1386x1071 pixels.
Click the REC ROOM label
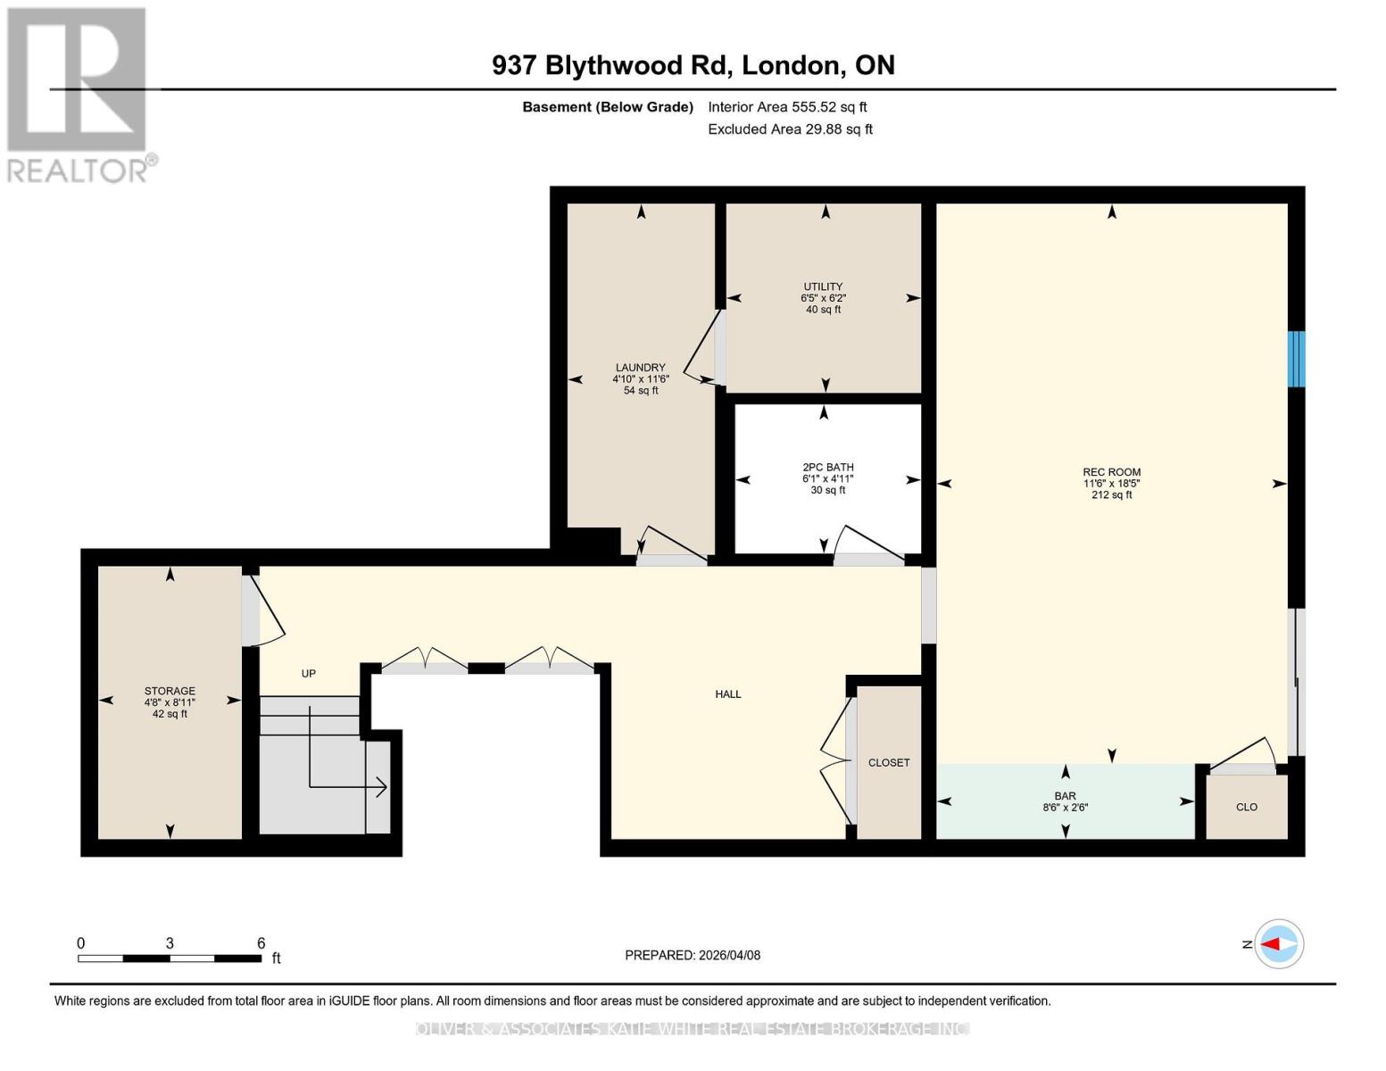pyautogui.click(x=1111, y=472)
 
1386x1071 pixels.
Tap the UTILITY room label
pyautogui.click(x=823, y=286)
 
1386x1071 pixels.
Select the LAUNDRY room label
pyautogui.click(x=640, y=367)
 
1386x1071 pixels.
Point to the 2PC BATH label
pyautogui.click(x=827, y=467)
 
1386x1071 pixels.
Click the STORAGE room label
pyautogui.click(x=170, y=691)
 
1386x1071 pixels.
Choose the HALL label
pyautogui.click(x=728, y=693)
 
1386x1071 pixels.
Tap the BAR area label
pyautogui.click(x=1065, y=795)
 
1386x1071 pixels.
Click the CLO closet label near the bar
pyautogui.click(x=1246, y=807)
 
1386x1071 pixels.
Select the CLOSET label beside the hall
pyautogui.click(x=889, y=762)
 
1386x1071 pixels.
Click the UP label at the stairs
pyautogui.click(x=308, y=673)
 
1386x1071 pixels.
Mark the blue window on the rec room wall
pyautogui.click(x=1296, y=359)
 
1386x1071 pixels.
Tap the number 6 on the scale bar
pyautogui.click(x=261, y=942)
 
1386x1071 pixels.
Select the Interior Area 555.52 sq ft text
pyautogui.click(x=787, y=107)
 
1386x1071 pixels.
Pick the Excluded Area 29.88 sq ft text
pyautogui.click(x=790, y=129)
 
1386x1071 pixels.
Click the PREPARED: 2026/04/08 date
pyautogui.click(x=693, y=955)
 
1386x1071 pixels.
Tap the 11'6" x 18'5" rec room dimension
pyautogui.click(x=1111, y=484)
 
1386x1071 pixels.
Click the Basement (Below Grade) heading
pyautogui.click(x=607, y=107)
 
